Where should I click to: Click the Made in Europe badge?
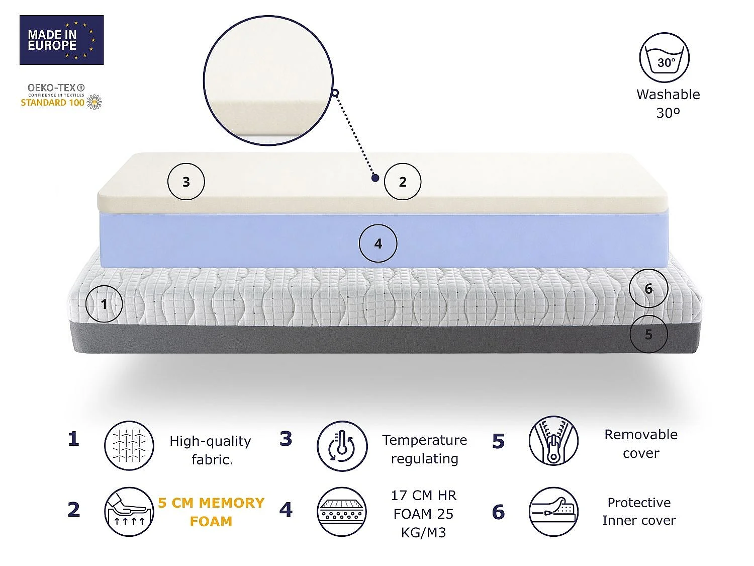[x=61, y=40]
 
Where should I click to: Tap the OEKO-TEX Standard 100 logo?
[x=61, y=97]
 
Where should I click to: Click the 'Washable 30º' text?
[x=668, y=104]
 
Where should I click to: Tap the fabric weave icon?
[x=129, y=446]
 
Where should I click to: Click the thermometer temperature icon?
[x=342, y=446]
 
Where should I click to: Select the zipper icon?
[x=553, y=441]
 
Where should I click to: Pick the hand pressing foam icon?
[x=129, y=511]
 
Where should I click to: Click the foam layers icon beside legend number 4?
[x=342, y=511]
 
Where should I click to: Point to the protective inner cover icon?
[x=553, y=511]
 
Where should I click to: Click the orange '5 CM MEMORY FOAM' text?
[x=211, y=512]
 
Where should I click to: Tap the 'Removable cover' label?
[x=641, y=444]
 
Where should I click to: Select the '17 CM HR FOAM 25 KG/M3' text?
[x=424, y=514]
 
